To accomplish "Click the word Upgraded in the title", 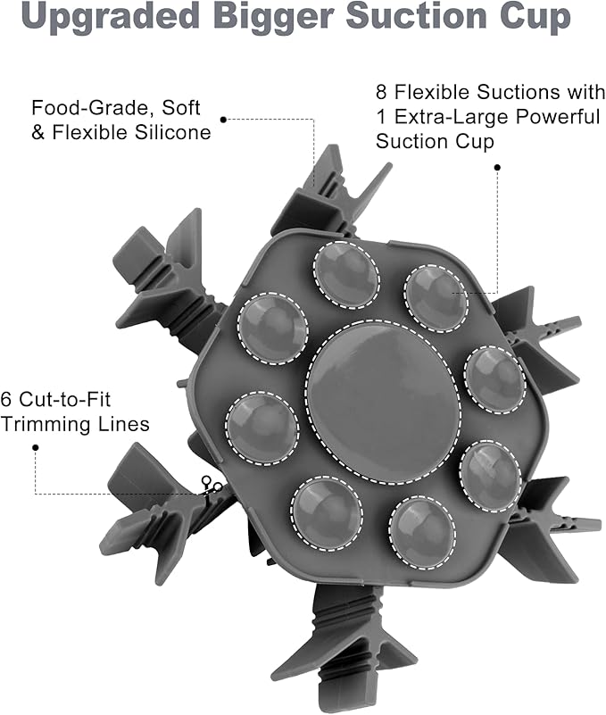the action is pos(110,17).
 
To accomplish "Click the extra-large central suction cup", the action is pos(383,403).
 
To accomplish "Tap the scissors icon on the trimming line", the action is pos(212,486).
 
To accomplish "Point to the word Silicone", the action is pos(172,133).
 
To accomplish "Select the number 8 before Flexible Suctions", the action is pos(381,92).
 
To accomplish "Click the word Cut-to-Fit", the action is pos(65,399).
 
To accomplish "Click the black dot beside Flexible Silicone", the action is pos(223,120).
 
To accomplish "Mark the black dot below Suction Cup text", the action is pos(497,167).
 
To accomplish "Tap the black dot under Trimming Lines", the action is pos(35,448).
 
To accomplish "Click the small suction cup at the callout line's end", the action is pos(436,299).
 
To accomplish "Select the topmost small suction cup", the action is pos(346,275).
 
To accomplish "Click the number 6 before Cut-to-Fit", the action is pos(5,399).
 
